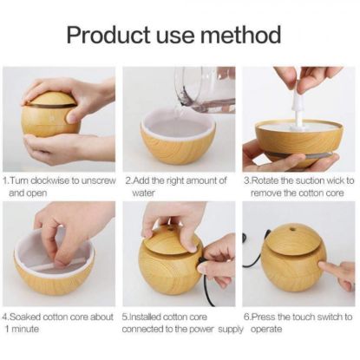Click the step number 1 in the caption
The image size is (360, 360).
[5, 180]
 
